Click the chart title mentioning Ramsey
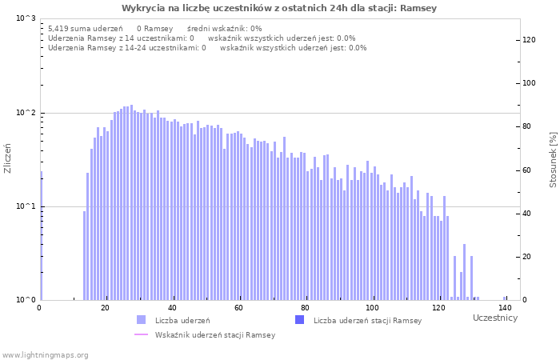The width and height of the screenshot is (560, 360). click(279, 8)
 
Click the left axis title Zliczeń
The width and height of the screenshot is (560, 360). click(8, 158)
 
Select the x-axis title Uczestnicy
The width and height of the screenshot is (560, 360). click(495, 318)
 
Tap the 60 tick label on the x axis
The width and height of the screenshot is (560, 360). click(238, 308)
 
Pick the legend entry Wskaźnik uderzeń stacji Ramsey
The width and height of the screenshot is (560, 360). click(214, 334)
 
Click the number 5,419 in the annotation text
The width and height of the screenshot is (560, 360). click(59, 28)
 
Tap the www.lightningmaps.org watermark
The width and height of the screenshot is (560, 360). click(45, 354)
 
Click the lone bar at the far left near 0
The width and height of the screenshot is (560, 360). click(41, 236)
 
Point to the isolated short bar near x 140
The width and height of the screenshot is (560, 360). click(505, 298)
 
